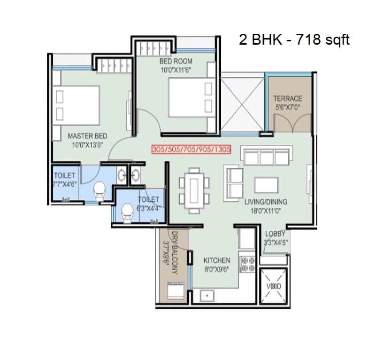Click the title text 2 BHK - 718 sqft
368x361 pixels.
(294, 39)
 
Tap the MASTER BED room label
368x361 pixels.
(87, 136)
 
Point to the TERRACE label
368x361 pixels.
(288, 99)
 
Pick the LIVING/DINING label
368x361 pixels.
(266, 202)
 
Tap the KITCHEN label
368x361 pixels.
(216, 260)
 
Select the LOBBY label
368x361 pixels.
(275, 234)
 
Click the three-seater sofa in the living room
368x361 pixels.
(266, 156)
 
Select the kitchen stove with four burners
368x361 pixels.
(247, 265)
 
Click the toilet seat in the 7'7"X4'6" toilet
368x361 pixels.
(100, 191)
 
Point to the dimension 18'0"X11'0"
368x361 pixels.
(266, 211)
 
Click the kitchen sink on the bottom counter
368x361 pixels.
(205, 295)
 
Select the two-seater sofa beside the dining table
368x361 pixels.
(233, 182)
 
